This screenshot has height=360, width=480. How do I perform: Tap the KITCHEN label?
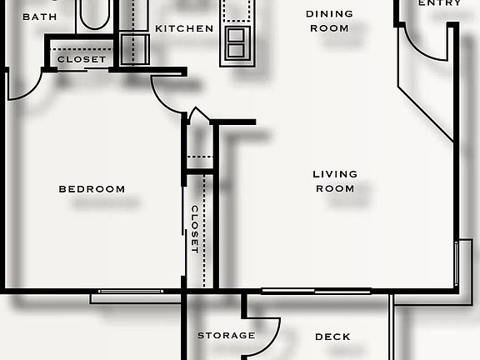pyautogui.click(x=184, y=28)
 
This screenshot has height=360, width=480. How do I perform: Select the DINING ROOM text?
pyautogui.click(x=329, y=21)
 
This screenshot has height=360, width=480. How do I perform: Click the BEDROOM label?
pyautogui.click(x=92, y=189)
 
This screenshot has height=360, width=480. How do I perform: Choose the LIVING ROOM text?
pyautogui.click(x=334, y=181)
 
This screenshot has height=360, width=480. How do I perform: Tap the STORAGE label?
pyautogui.click(x=226, y=336)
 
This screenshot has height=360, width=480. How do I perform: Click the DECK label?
pyautogui.click(x=332, y=337)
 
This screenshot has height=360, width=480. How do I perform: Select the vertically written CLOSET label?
pyautogui.click(x=195, y=229)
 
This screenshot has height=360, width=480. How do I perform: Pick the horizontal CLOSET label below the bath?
pyautogui.click(x=82, y=60)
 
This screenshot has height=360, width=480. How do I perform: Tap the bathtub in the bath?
pyautogui.click(x=92, y=15)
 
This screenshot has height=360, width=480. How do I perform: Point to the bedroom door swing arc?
pyautogui.click(x=166, y=96)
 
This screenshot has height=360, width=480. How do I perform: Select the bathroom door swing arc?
pyautogui.click(x=26, y=86)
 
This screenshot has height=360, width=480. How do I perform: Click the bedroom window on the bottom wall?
pyautogui.click(x=131, y=291)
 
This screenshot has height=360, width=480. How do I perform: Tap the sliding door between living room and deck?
pyautogui.click(x=316, y=291)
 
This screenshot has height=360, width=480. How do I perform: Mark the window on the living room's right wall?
pyautogui.click(x=456, y=263)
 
